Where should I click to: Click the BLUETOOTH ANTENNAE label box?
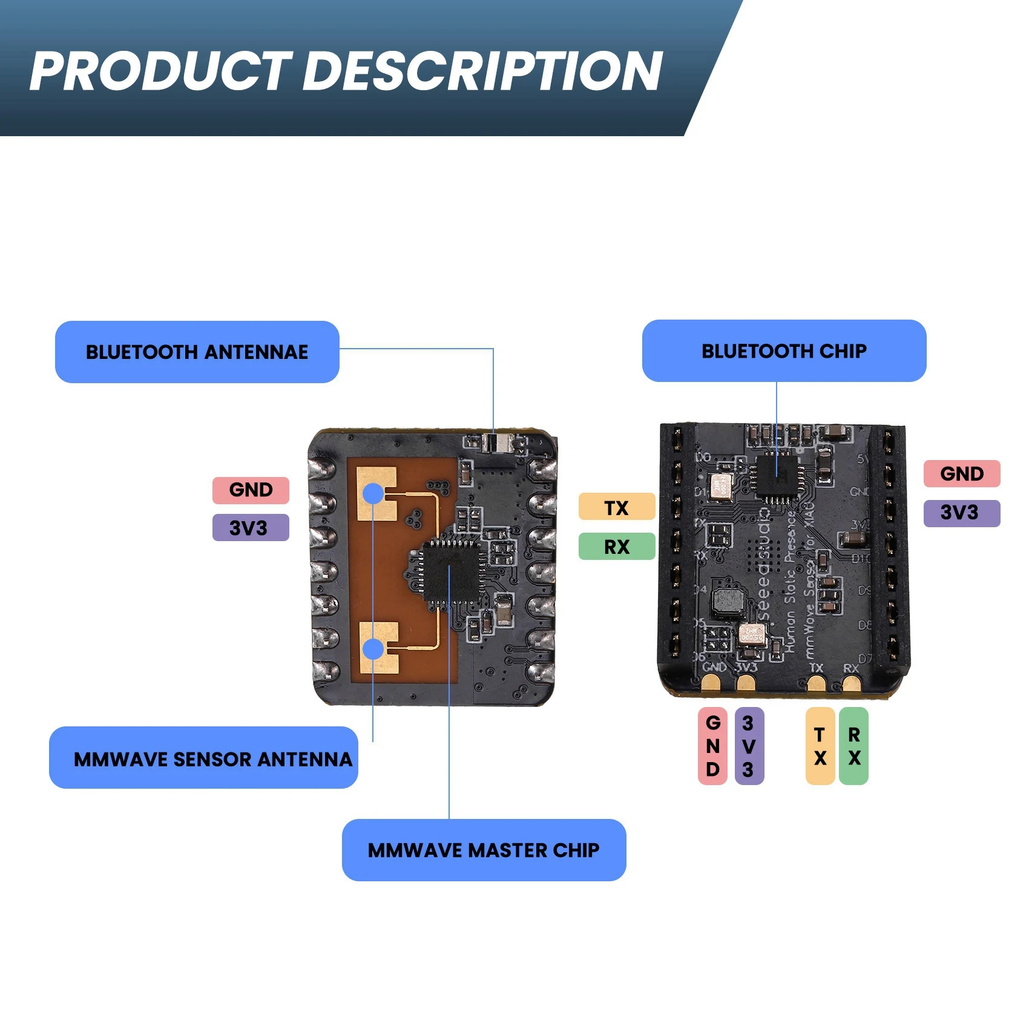tap(197, 352)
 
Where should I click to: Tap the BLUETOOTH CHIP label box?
tap(784, 350)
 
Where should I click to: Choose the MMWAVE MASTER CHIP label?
tap(484, 850)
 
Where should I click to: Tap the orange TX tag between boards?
tap(616, 507)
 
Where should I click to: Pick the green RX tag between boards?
tap(616, 546)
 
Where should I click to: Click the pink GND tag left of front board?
tap(251, 490)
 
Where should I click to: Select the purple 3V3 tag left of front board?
tap(251, 527)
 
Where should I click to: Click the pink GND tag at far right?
tap(961, 473)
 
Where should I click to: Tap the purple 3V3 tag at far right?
tap(961, 513)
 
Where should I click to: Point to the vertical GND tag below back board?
tap(712, 746)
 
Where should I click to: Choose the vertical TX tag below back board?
tap(820, 746)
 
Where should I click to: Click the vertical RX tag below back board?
tap(853, 746)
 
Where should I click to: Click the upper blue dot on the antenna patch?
tap(373, 493)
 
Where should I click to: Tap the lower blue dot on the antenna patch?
tap(373, 649)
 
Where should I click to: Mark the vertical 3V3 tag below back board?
tap(749, 746)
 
